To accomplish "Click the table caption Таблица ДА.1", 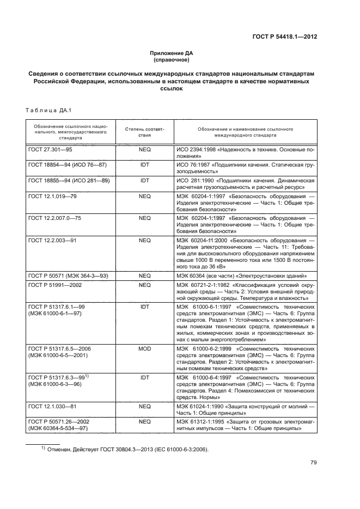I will pyautogui.click(x=45, y=112).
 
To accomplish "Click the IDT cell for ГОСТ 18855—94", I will pyautogui.click(x=144, y=180).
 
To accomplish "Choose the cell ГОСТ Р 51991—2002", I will pyautogui.click(x=55, y=284).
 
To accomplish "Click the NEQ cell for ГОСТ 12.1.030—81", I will pyautogui.click(x=144, y=407).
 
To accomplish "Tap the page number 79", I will pyautogui.click(x=313, y=463).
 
